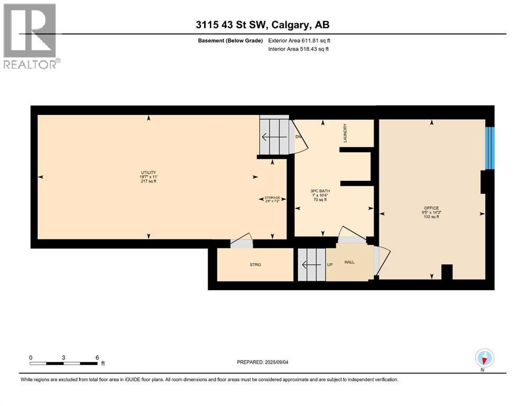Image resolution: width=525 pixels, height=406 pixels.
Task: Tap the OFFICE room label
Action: [431, 208]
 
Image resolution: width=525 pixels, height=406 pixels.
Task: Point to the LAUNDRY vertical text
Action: [345, 133]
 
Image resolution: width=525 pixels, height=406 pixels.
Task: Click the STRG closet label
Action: [256, 264]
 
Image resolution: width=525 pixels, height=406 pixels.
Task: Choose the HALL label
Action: [350, 262]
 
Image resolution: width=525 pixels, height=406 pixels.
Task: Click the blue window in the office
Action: [490, 148]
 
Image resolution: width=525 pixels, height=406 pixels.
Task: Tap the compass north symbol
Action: [484, 358]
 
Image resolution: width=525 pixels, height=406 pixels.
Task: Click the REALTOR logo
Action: [30, 36]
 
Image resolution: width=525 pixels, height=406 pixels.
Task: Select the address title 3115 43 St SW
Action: [262, 24]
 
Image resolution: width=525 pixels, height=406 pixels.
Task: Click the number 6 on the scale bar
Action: [97, 357]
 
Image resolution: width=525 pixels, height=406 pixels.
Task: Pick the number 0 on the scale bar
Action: [31, 357]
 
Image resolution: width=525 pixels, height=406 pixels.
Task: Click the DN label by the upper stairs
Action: [298, 137]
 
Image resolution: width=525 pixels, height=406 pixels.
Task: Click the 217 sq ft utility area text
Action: [148, 181]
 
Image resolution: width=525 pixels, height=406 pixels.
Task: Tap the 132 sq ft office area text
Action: [431, 217]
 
